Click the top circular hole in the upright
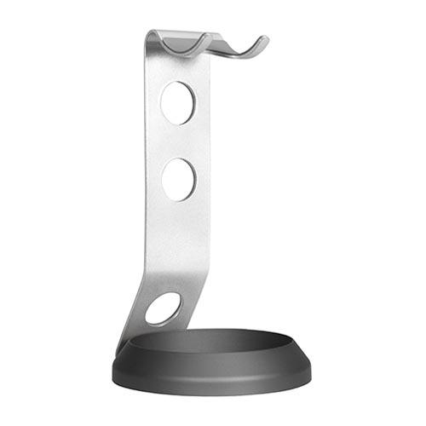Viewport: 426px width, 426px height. [177, 102]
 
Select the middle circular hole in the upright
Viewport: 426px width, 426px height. [179, 180]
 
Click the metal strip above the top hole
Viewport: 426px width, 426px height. [175, 68]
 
